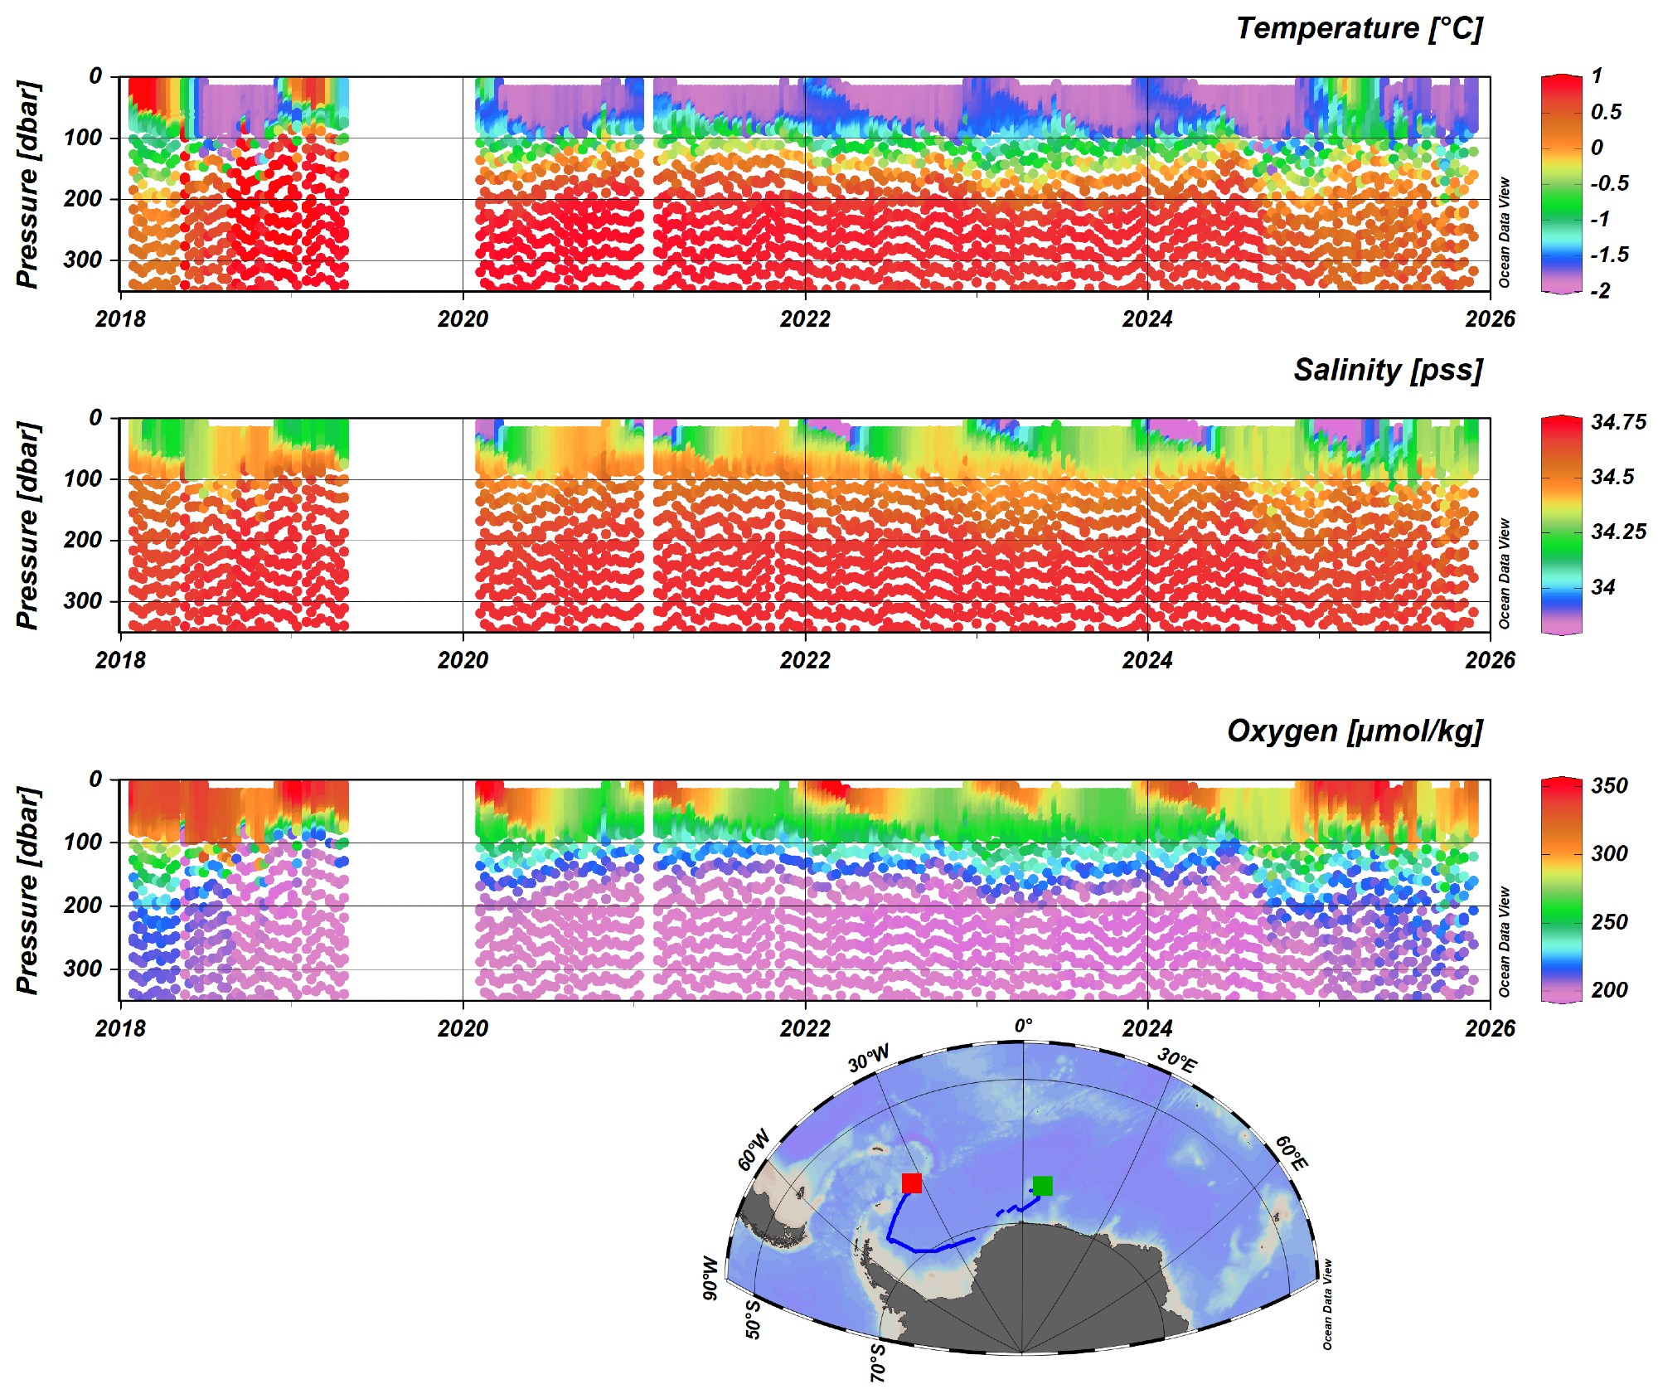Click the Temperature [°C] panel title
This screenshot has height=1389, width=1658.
coord(1358,28)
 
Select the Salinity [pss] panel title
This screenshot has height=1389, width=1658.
coord(1387,370)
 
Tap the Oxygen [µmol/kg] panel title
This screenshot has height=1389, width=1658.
coord(1354,731)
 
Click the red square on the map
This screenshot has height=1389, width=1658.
coord(911,1183)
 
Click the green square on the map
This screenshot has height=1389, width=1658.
coord(1042,1186)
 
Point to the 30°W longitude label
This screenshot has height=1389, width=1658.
coord(869,1059)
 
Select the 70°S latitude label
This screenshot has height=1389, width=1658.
coord(878,1362)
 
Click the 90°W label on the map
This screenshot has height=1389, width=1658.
coord(710,1278)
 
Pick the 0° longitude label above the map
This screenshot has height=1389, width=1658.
coord(1024,1027)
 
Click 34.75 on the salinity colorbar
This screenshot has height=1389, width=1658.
coord(1618,423)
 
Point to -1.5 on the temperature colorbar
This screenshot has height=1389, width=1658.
coord(1609,255)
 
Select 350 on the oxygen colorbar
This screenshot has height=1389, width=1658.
coord(1609,785)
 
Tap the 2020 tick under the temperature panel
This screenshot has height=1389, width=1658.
coord(463,319)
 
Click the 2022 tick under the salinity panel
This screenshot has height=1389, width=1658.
coord(804,660)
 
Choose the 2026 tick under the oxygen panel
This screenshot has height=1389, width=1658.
coord(1489,1028)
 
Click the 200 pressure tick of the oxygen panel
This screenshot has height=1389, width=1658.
coord(83,905)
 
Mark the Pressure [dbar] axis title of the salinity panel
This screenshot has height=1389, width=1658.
coord(27,526)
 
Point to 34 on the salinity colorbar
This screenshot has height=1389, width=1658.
coord(1603,587)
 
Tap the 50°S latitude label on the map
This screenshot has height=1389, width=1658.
coord(752,1319)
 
